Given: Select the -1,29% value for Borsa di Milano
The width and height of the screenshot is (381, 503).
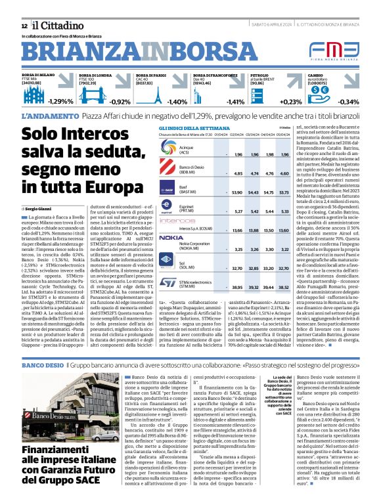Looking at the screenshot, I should [60, 102].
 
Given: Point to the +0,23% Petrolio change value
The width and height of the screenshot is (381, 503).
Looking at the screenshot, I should [291, 102].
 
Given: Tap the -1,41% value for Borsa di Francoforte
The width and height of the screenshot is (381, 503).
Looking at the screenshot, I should [235, 102].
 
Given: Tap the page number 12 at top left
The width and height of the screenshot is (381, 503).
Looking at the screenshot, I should [25, 24].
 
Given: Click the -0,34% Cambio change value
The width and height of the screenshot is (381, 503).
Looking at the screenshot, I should [348, 102].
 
